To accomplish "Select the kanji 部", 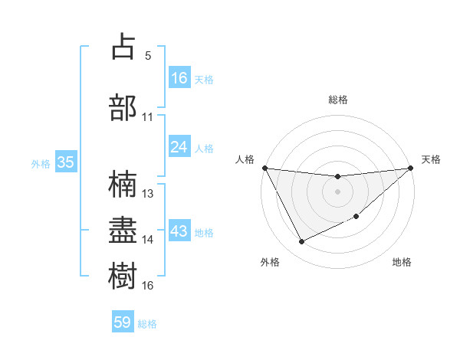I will pyautogui.click(x=123, y=106).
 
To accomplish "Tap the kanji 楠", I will pyautogui.click(x=123, y=183).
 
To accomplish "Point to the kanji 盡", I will pyautogui.click(x=123, y=229).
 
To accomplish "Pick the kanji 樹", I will pyautogui.click(x=123, y=275).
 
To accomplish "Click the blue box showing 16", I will pyautogui.click(x=179, y=78).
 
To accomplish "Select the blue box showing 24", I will pyautogui.click(x=179, y=147).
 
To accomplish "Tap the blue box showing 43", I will pyautogui.click(x=179, y=232).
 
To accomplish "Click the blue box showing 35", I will pyautogui.click(x=65, y=162).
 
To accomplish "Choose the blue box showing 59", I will pyautogui.click(x=123, y=322).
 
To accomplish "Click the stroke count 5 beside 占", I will pyautogui.click(x=148, y=56).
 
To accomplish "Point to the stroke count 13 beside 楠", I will pyautogui.click(x=148, y=194).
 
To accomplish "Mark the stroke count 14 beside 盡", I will pyautogui.click(x=148, y=240).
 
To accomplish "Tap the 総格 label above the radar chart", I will pyautogui.click(x=338, y=100).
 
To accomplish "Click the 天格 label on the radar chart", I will pyautogui.click(x=431, y=159).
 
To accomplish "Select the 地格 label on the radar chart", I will pyautogui.click(x=402, y=263).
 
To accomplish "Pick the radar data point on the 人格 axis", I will pyautogui.click(x=264, y=168).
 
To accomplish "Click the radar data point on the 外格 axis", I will pyautogui.click(x=301, y=242).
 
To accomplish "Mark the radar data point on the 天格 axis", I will pyautogui.click(x=411, y=168).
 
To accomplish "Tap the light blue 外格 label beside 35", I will pyautogui.click(x=40, y=163).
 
